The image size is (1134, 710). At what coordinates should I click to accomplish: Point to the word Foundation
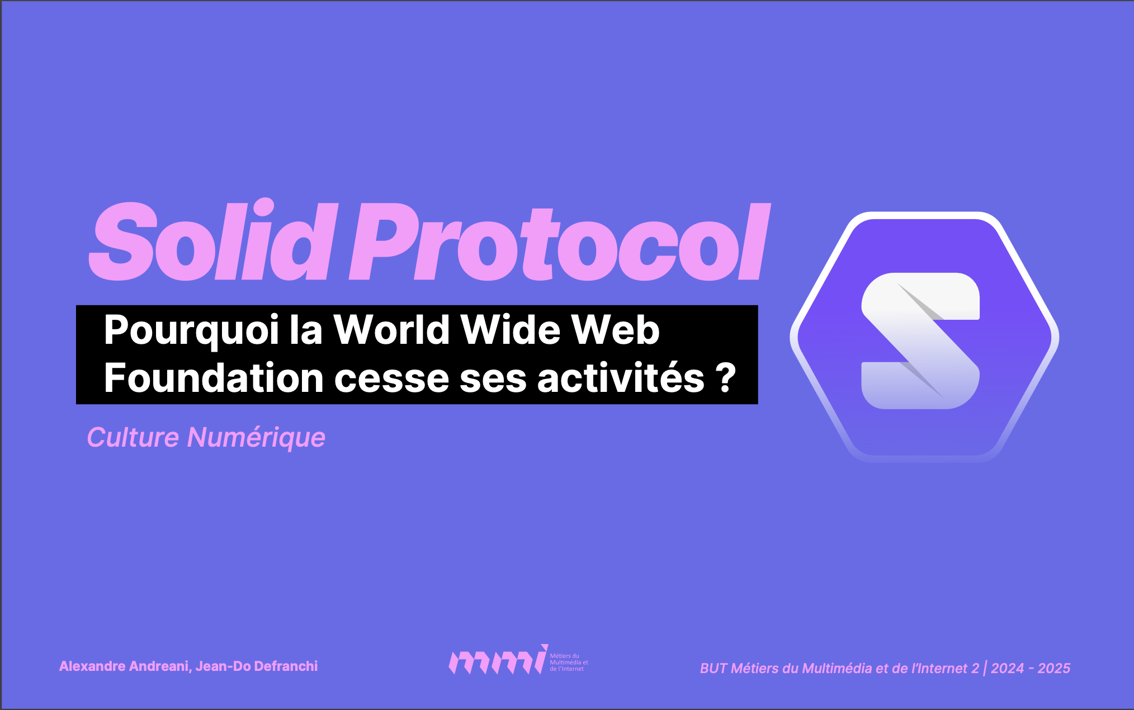click(214, 378)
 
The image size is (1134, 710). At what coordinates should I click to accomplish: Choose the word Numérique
click(256, 438)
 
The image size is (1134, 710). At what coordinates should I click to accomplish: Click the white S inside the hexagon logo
click(920, 340)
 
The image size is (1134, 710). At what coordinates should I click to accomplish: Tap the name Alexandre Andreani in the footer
click(124, 666)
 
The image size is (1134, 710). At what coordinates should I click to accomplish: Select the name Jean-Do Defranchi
click(257, 666)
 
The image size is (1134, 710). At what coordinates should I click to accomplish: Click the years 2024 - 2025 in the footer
click(1031, 668)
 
